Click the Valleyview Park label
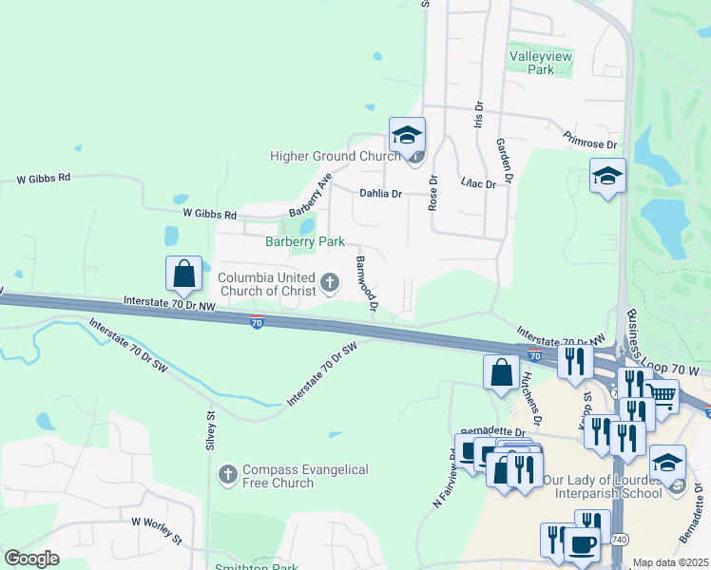541,63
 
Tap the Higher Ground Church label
335,156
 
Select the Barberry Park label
304,242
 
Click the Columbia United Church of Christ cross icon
330,281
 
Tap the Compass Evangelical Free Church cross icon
227,472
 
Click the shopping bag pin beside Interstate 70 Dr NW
184,274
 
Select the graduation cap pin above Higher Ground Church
407,135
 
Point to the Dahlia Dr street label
380,193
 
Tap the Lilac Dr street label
478,183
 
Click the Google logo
31,559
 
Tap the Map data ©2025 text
670,562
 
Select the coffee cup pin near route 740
582,545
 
